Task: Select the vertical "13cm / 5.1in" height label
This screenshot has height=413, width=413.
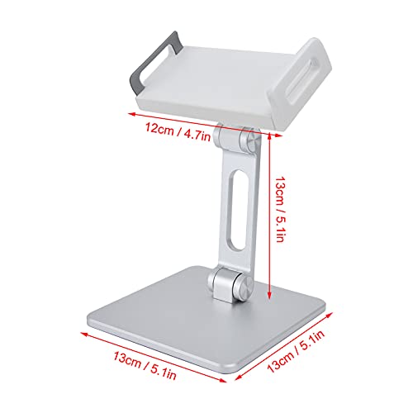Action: pyautogui.click(x=284, y=211)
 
